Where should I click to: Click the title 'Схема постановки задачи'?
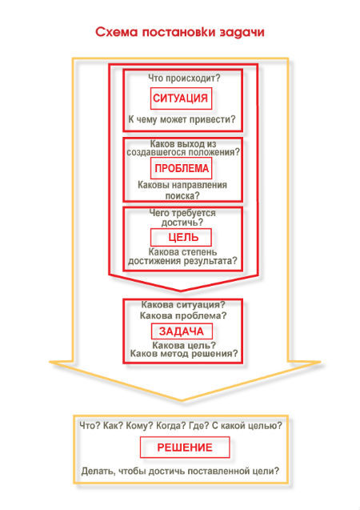click(180, 33)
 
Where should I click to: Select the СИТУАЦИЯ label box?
click(181, 98)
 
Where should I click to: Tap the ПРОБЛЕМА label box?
click(181, 168)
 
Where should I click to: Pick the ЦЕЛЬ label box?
click(181, 237)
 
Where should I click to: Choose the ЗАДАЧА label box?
click(182, 331)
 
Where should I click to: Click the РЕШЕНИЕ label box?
click(185, 448)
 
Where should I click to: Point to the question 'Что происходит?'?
click(184, 78)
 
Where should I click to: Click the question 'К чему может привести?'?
click(182, 119)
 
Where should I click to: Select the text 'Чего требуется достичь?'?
click(182, 218)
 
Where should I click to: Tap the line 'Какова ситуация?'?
click(183, 305)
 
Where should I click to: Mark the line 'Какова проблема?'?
click(183, 315)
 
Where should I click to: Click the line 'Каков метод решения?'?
click(184, 353)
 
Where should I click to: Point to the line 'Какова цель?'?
click(184, 345)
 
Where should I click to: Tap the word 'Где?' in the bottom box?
click(199, 426)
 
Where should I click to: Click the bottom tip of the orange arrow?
click(182, 400)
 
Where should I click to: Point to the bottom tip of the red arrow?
click(181, 291)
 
